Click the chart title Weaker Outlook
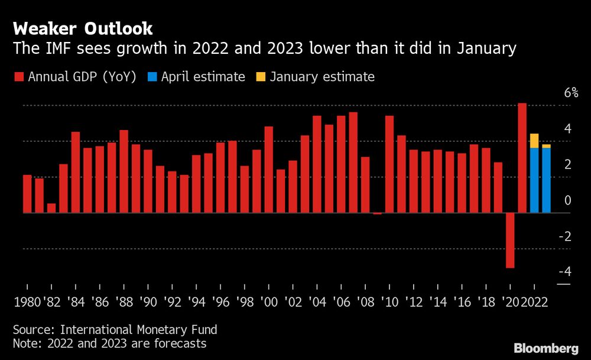[83, 28]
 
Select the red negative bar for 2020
[510, 240]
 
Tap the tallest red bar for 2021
[522, 158]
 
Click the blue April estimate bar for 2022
[534, 180]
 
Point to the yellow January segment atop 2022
[534, 141]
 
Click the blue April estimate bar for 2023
[546, 180]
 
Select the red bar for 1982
[51, 208]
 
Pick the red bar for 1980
[27, 194]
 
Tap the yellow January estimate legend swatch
[261, 77]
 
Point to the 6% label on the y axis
[571, 93]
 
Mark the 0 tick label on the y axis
[567, 200]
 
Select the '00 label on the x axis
[268, 301]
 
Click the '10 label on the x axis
[389, 301]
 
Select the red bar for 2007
[353, 163]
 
